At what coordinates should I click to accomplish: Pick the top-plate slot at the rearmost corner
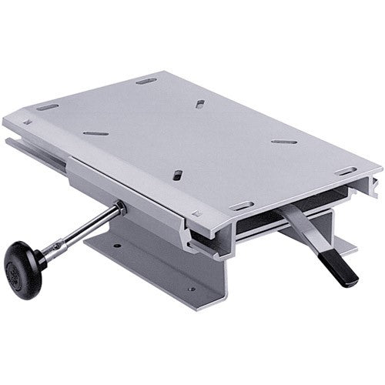coord(145,80)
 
